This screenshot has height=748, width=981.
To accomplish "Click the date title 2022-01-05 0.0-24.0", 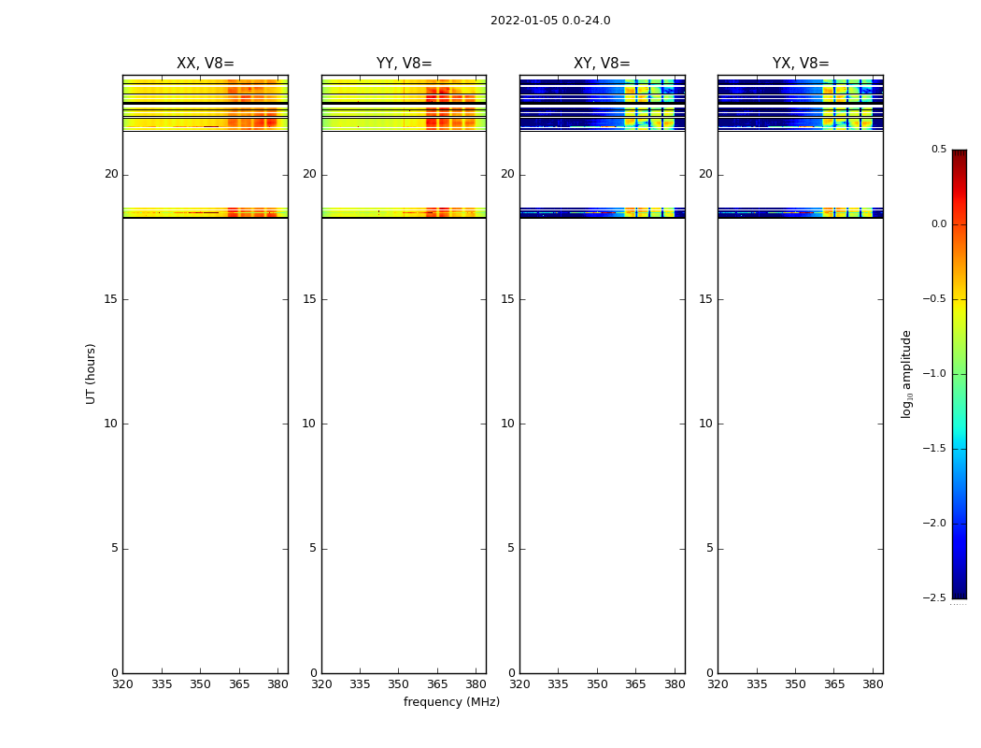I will [x=550, y=21].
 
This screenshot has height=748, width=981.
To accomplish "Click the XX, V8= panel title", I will [x=206, y=64].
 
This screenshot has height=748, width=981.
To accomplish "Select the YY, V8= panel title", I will [x=404, y=64].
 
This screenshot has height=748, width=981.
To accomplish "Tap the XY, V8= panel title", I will [x=602, y=64].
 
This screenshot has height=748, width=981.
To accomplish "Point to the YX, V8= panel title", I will [x=801, y=64].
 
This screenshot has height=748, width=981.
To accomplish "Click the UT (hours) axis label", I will [x=92, y=373].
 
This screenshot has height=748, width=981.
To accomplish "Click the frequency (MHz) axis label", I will [x=451, y=702].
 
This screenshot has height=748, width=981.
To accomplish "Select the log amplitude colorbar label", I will [x=907, y=374].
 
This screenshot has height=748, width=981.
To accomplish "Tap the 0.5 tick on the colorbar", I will [x=938, y=150].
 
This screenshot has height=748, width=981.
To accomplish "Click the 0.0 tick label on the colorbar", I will [x=938, y=224].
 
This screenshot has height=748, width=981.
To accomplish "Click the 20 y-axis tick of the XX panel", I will [x=111, y=174].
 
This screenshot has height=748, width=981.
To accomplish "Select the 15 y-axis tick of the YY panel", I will [x=309, y=299].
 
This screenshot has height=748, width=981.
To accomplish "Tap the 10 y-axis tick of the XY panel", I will [x=507, y=424].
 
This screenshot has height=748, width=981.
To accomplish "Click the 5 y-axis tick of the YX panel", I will [x=709, y=548].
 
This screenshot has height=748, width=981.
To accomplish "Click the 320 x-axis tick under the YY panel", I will [x=321, y=684].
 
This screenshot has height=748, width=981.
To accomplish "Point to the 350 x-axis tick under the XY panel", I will [x=597, y=684].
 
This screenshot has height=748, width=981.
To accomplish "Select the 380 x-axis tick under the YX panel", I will [x=873, y=684].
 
